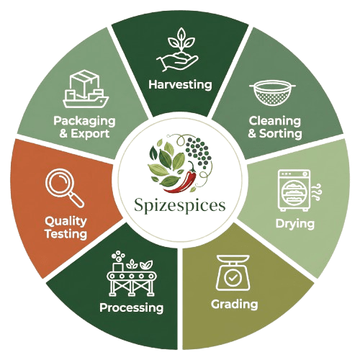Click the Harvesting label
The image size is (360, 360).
pyautogui.click(x=180, y=84)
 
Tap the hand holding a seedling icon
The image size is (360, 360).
pyautogui.click(x=178, y=50)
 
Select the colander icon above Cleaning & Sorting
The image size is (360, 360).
pyautogui.click(x=272, y=93)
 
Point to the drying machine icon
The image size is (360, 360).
pyautogui.click(x=294, y=190)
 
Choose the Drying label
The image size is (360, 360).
pyautogui.click(x=295, y=224)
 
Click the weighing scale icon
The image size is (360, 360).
pyautogui.click(x=233, y=273)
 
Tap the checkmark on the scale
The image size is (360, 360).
pyautogui.click(x=233, y=278)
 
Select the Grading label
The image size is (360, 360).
pyautogui.click(x=235, y=305)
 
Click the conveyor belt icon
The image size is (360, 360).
pyautogui.click(x=130, y=274)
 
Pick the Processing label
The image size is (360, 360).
pyautogui.click(x=131, y=307)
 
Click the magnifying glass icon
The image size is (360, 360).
pyautogui.click(x=64, y=188)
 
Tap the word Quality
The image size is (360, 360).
pyautogui.click(x=66, y=221)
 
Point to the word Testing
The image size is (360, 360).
pyautogui.click(x=66, y=234)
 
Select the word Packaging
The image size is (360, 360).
pyautogui.click(x=84, y=121)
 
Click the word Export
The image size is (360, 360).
pyautogui.click(x=90, y=134)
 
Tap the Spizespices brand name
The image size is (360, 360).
pyautogui.click(x=180, y=206)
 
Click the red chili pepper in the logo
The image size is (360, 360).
pyautogui.click(x=182, y=180)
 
